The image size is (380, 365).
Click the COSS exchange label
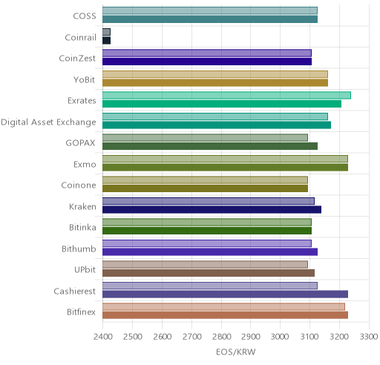click(x=85, y=16)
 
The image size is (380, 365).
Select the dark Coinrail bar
click(x=107, y=40)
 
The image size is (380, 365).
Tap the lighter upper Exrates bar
click(x=226, y=95)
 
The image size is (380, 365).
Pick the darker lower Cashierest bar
click(x=225, y=294)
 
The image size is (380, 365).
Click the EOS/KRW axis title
click(x=236, y=352)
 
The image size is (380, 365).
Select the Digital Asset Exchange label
click(x=48, y=122)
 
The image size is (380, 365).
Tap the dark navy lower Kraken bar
click(x=212, y=209)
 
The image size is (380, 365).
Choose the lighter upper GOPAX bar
click(x=205, y=137)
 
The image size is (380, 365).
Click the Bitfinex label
click(x=81, y=312)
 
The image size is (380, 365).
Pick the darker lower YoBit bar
click(x=215, y=82)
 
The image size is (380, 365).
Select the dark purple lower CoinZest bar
click(x=207, y=62)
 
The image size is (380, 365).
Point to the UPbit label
click(x=85, y=269)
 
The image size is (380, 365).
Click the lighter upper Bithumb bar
click(x=207, y=243)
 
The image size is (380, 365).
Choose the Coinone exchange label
click(x=79, y=185)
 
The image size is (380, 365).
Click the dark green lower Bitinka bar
click(x=207, y=231)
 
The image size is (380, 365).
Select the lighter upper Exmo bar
click(x=225, y=159)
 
